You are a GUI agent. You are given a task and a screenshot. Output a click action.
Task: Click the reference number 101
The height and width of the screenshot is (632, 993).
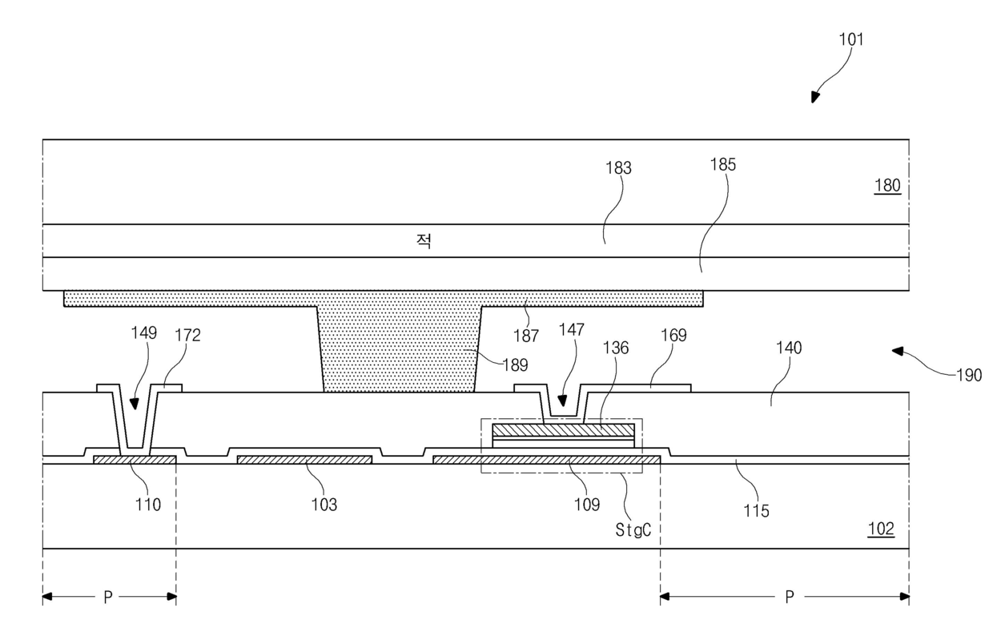coord(851,39)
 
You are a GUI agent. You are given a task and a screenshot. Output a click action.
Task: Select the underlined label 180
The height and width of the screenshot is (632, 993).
coord(887,185)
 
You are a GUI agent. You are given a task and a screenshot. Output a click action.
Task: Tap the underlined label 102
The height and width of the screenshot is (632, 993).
coord(881,529)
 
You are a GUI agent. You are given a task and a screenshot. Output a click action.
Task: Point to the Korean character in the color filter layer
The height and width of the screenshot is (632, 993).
coord(424,241)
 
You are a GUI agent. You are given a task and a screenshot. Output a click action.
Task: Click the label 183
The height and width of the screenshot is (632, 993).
coord(619,168)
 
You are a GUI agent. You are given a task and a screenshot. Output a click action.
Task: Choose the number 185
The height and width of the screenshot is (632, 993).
coord(723,165)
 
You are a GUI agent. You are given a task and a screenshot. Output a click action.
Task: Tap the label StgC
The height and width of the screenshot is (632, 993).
coord(633,530)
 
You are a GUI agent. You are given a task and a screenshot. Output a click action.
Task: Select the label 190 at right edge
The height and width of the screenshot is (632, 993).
coord(969,376)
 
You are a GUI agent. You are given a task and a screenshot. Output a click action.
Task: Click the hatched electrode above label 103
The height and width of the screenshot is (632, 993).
coord(304,460)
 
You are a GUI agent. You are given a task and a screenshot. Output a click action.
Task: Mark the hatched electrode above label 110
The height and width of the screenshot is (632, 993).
coord(135,460)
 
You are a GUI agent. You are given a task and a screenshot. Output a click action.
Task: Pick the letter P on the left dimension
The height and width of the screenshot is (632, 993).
coord(108,598)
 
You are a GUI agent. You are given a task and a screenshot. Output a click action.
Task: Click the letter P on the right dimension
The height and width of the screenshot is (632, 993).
coord(790,598)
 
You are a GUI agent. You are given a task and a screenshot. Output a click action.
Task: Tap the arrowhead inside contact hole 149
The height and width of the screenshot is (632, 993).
coord(135,404)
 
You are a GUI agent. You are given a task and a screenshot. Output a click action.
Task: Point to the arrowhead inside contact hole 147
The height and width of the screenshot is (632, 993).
coord(562,401)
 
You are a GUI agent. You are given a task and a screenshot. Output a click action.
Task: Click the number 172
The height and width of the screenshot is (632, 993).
coord(187,336)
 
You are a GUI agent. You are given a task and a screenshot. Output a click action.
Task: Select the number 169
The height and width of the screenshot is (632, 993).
coord(673,336)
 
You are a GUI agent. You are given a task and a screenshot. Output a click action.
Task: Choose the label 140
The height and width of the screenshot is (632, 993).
coord(789,348)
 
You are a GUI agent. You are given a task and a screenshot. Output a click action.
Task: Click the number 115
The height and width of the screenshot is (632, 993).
coord(756,511)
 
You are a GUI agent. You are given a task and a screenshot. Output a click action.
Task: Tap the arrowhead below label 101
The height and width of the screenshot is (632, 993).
coord(814,97)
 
